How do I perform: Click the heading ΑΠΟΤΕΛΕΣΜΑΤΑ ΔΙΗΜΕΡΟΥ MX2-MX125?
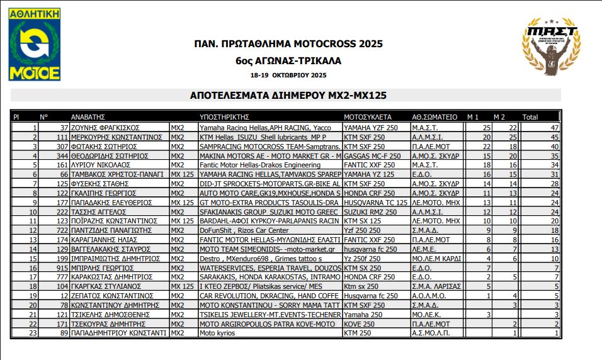click(x=288, y=96)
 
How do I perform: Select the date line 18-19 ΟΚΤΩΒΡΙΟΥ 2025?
click(x=288, y=75)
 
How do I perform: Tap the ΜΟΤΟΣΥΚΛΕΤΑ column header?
click(x=368, y=117)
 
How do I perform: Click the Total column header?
click(x=530, y=117)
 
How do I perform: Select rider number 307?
click(x=61, y=145)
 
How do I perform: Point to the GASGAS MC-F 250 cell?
click(x=372, y=155)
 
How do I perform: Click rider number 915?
click(x=61, y=267)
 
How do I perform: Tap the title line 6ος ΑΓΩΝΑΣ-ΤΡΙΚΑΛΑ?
click(x=288, y=61)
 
